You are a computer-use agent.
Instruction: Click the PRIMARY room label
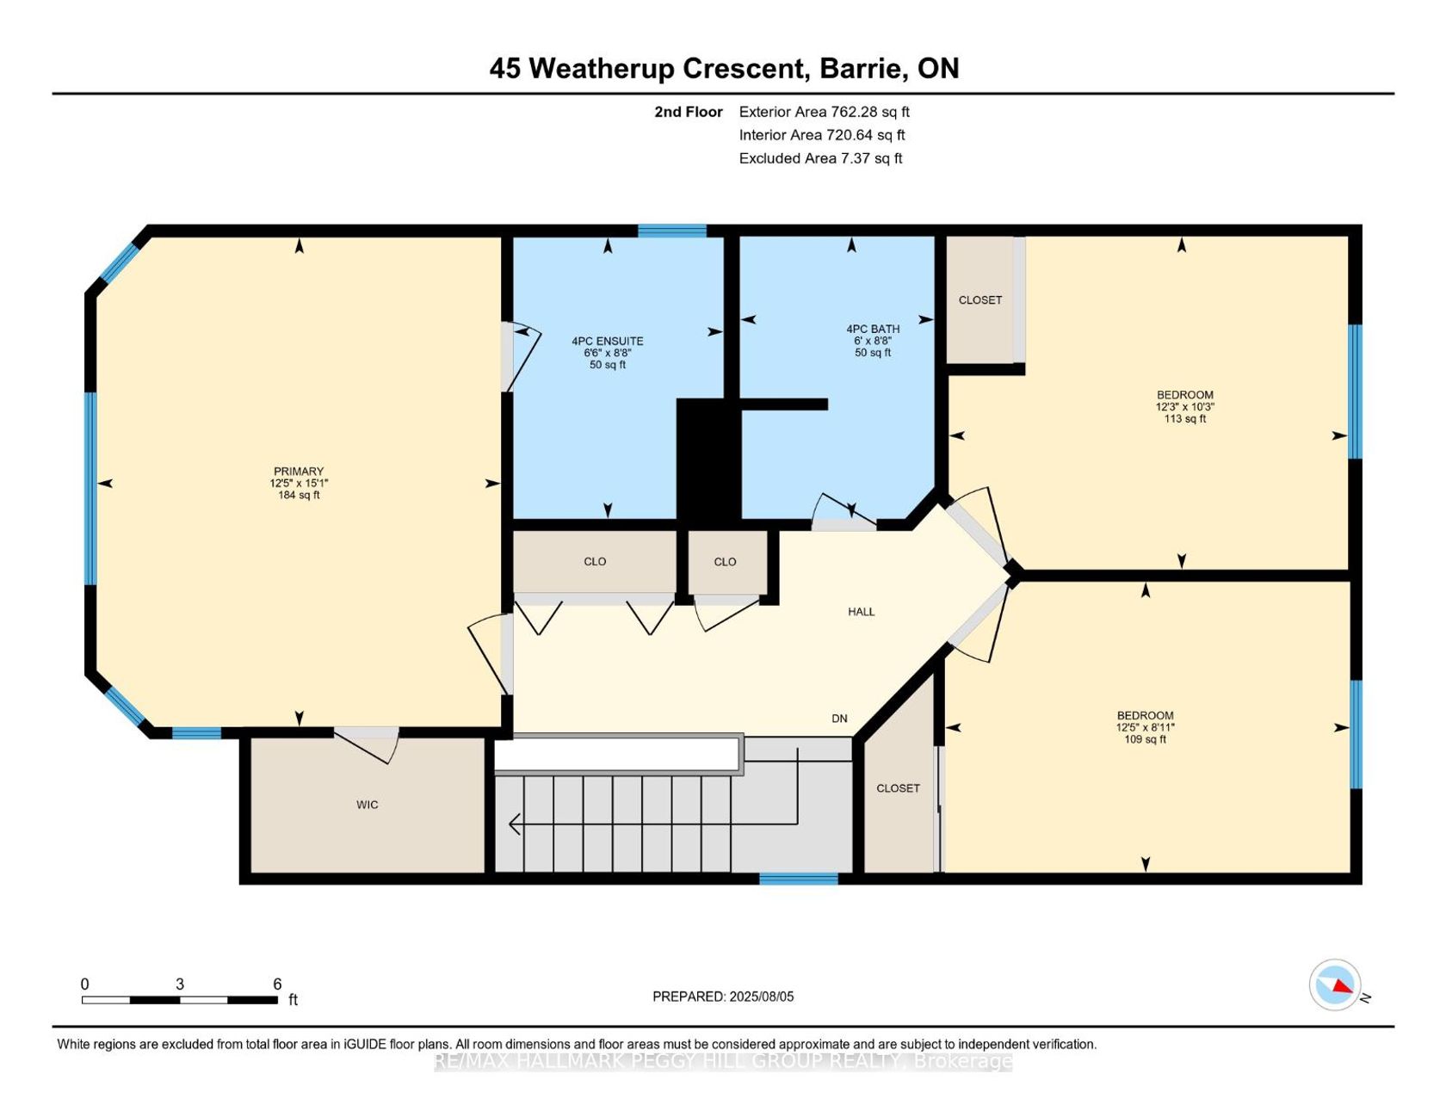(299, 472)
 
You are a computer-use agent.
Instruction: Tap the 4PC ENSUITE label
(608, 341)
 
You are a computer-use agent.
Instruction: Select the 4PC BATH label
(873, 329)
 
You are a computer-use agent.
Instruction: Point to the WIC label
(368, 805)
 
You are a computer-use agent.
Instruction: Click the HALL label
(861, 612)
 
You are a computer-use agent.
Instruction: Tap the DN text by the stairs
(839, 719)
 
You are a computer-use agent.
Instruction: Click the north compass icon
(1335, 984)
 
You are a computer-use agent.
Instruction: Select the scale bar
(180, 1000)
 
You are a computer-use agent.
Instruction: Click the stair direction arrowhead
(515, 824)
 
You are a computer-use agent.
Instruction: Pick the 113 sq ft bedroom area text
(1185, 419)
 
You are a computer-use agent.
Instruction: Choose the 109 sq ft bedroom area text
(1146, 739)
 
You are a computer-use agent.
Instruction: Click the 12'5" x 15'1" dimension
(299, 484)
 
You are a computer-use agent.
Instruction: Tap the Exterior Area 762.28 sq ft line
(824, 112)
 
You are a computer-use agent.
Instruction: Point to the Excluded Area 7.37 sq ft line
(820, 158)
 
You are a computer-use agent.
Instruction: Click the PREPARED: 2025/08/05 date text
(723, 997)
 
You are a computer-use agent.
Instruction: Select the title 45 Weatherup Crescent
(650, 68)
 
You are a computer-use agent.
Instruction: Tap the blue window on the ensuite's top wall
(672, 231)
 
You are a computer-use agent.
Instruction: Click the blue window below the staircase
(799, 879)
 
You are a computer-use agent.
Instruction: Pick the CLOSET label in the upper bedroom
(980, 300)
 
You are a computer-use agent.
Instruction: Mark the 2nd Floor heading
(689, 112)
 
